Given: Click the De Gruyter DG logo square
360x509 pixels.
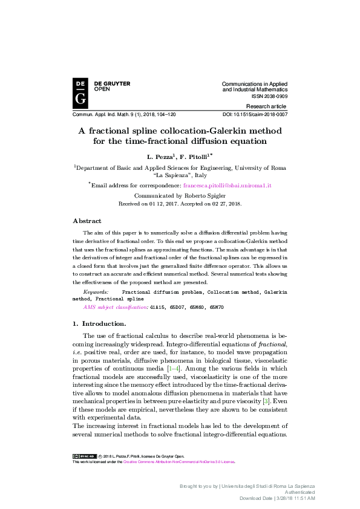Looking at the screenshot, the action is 80,93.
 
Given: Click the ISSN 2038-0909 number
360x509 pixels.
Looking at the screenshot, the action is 269,96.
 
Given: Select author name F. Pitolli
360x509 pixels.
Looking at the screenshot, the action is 194,156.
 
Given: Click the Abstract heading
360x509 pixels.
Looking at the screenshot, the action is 87,221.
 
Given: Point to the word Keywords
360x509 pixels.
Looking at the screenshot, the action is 96,291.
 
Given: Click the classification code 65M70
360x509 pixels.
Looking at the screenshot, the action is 216,307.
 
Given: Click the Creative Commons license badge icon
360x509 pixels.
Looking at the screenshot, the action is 83,456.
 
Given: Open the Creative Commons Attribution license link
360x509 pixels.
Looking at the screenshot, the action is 178,462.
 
